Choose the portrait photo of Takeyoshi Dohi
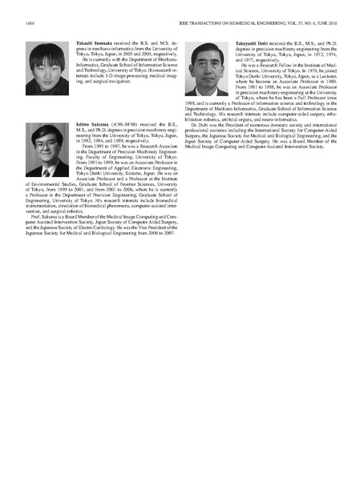point(211,69)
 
